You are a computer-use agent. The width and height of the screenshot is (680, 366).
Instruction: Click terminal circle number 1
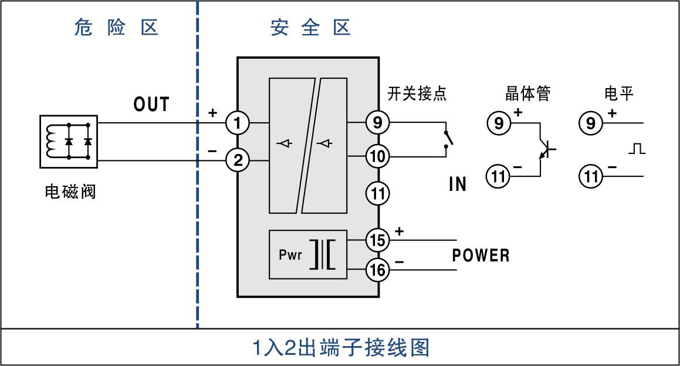(238, 123)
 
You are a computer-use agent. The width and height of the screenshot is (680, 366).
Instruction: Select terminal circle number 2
(238, 160)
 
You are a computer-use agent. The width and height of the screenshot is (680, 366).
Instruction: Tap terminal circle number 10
(378, 157)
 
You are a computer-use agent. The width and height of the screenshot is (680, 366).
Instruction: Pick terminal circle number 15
(378, 240)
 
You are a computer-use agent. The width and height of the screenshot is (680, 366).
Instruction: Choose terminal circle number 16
(378, 270)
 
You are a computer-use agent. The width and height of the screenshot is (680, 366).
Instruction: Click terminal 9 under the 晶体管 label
(499, 123)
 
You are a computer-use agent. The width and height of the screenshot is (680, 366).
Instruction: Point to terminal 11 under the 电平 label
(591, 176)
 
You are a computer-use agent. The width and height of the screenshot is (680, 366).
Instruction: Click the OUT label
(151, 105)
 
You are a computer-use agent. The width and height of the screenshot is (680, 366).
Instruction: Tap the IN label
(458, 184)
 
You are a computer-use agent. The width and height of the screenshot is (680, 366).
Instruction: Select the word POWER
(481, 256)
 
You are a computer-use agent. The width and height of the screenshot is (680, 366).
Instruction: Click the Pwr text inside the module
(290, 256)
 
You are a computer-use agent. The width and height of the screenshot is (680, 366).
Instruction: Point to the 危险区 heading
(116, 28)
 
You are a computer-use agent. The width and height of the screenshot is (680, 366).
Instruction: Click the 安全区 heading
(310, 28)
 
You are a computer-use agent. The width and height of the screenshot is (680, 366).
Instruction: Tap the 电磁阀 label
(70, 192)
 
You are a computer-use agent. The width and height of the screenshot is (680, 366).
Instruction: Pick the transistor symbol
(546, 150)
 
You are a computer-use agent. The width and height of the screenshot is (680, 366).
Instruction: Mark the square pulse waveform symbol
(637, 149)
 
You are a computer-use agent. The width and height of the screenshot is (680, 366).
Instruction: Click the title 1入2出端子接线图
(341, 347)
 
